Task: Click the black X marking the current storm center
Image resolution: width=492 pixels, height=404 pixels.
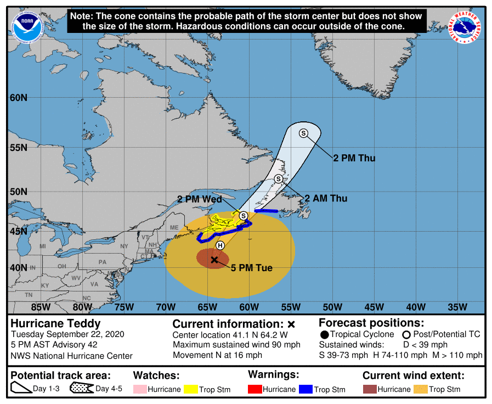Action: [214, 260]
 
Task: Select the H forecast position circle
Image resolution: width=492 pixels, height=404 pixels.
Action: [220, 245]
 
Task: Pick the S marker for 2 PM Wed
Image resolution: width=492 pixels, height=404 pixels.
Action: [243, 216]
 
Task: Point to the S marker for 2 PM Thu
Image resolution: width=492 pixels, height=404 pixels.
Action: [303, 133]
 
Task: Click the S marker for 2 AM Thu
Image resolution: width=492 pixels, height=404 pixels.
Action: [279, 179]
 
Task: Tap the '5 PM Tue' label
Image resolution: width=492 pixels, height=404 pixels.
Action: [252, 268]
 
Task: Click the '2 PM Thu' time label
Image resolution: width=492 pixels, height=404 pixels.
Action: [354, 158]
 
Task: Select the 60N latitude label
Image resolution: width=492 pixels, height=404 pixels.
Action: [18, 98]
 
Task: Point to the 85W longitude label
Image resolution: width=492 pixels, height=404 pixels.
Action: [41, 306]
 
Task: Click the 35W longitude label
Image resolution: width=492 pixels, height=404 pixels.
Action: [457, 306]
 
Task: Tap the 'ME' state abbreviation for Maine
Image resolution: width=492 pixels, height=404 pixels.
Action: [174, 227]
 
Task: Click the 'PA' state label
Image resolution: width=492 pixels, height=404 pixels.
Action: [102, 262]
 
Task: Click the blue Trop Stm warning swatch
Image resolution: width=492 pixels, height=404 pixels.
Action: [306, 389]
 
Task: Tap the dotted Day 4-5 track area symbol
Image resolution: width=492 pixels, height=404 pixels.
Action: [81, 389]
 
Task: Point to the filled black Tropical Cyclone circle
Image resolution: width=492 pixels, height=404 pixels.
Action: [325, 334]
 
